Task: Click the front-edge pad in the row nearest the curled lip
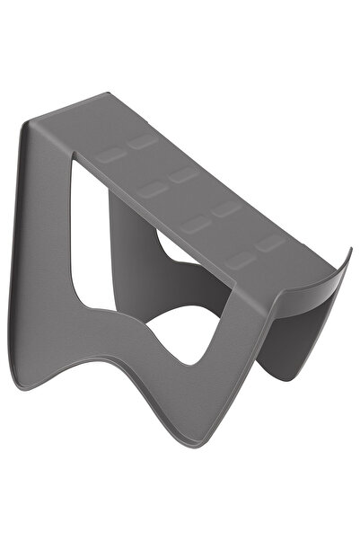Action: pyautogui.click(x=240, y=261)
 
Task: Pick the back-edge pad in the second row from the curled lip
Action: pyautogui.click(x=226, y=208)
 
